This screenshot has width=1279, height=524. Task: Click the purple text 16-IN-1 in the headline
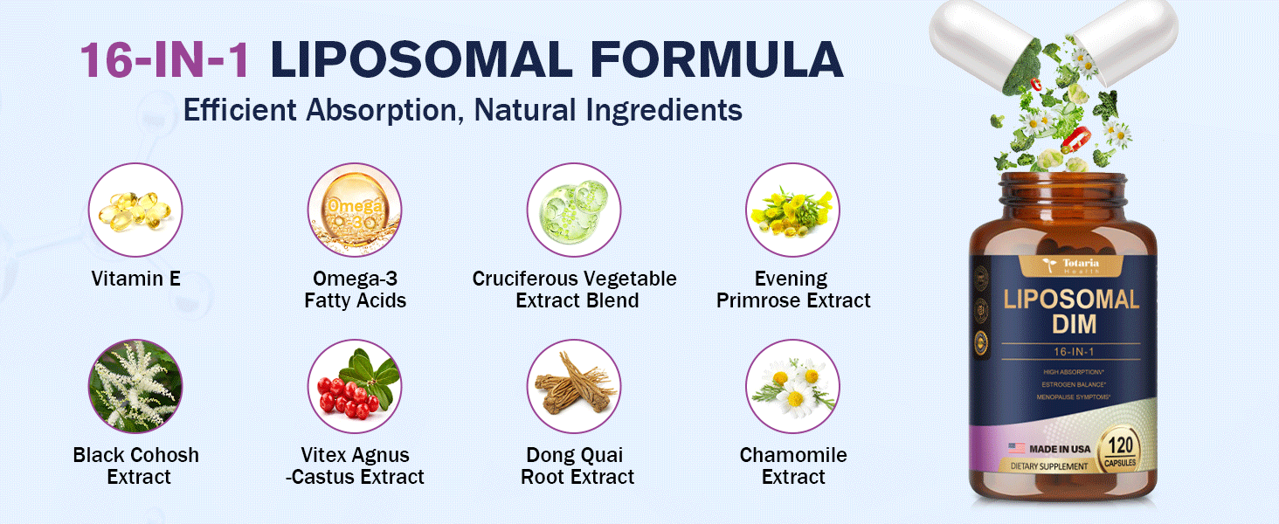pos(166,60)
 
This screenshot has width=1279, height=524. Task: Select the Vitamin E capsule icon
pos(135,210)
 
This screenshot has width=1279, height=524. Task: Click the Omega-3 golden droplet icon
pos(355,210)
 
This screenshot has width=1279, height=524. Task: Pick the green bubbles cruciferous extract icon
pos(574,210)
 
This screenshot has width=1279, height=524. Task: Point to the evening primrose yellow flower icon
pos(792,210)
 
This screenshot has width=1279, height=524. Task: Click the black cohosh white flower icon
pos(135,387)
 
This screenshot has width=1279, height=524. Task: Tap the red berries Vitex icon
pos(355,387)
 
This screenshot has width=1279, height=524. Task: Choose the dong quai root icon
pos(574,387)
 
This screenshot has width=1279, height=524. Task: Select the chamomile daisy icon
pos(792,387)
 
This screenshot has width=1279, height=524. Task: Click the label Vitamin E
pos(135,279)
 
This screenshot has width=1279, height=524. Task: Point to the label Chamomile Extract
pos(793,466)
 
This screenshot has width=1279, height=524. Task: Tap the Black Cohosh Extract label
pos(136,466)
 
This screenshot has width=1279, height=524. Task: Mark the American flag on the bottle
pos(1016,448)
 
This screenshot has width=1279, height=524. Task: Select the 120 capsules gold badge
pos(1120,449)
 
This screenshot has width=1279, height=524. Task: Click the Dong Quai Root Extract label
pos(577,466)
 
